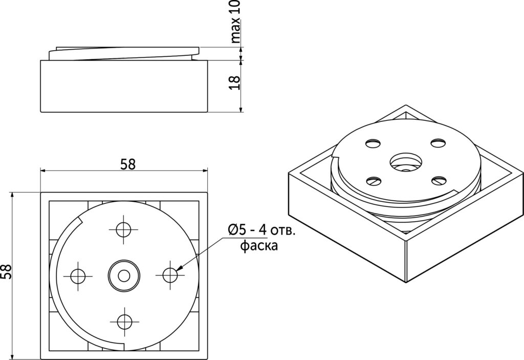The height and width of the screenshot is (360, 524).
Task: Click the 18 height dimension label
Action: pyautogui.click(x=235, y=82)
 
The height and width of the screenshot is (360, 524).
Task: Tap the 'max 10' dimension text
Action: pyautogui.click(x=235, y=22)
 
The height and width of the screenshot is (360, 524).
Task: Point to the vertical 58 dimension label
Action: pyautogui.click(x=6, y=271)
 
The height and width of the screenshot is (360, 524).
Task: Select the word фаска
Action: pyautogui.click(x=259, y=246)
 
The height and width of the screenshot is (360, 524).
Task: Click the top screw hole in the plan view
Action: pyautogui.click(x=124, y=230)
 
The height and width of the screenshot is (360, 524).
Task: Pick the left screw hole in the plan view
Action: pyautogui.click(x=78, y=276)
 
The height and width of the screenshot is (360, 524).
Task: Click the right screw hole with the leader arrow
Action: pyautogui.click(x=170, y=276)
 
